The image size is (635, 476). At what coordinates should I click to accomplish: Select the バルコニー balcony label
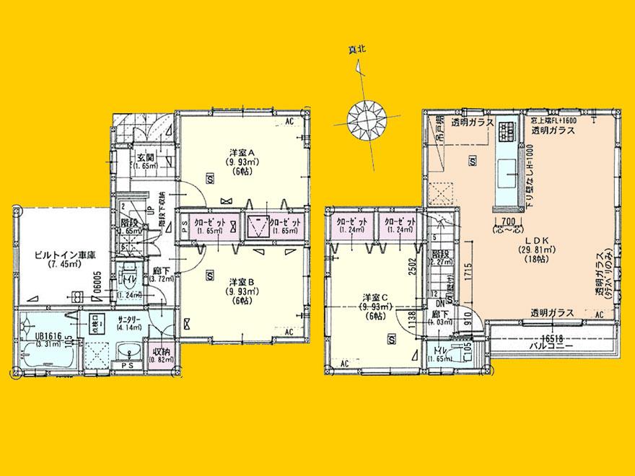coord(552,346)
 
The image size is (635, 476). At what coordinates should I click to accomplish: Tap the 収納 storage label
coord(159,351)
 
